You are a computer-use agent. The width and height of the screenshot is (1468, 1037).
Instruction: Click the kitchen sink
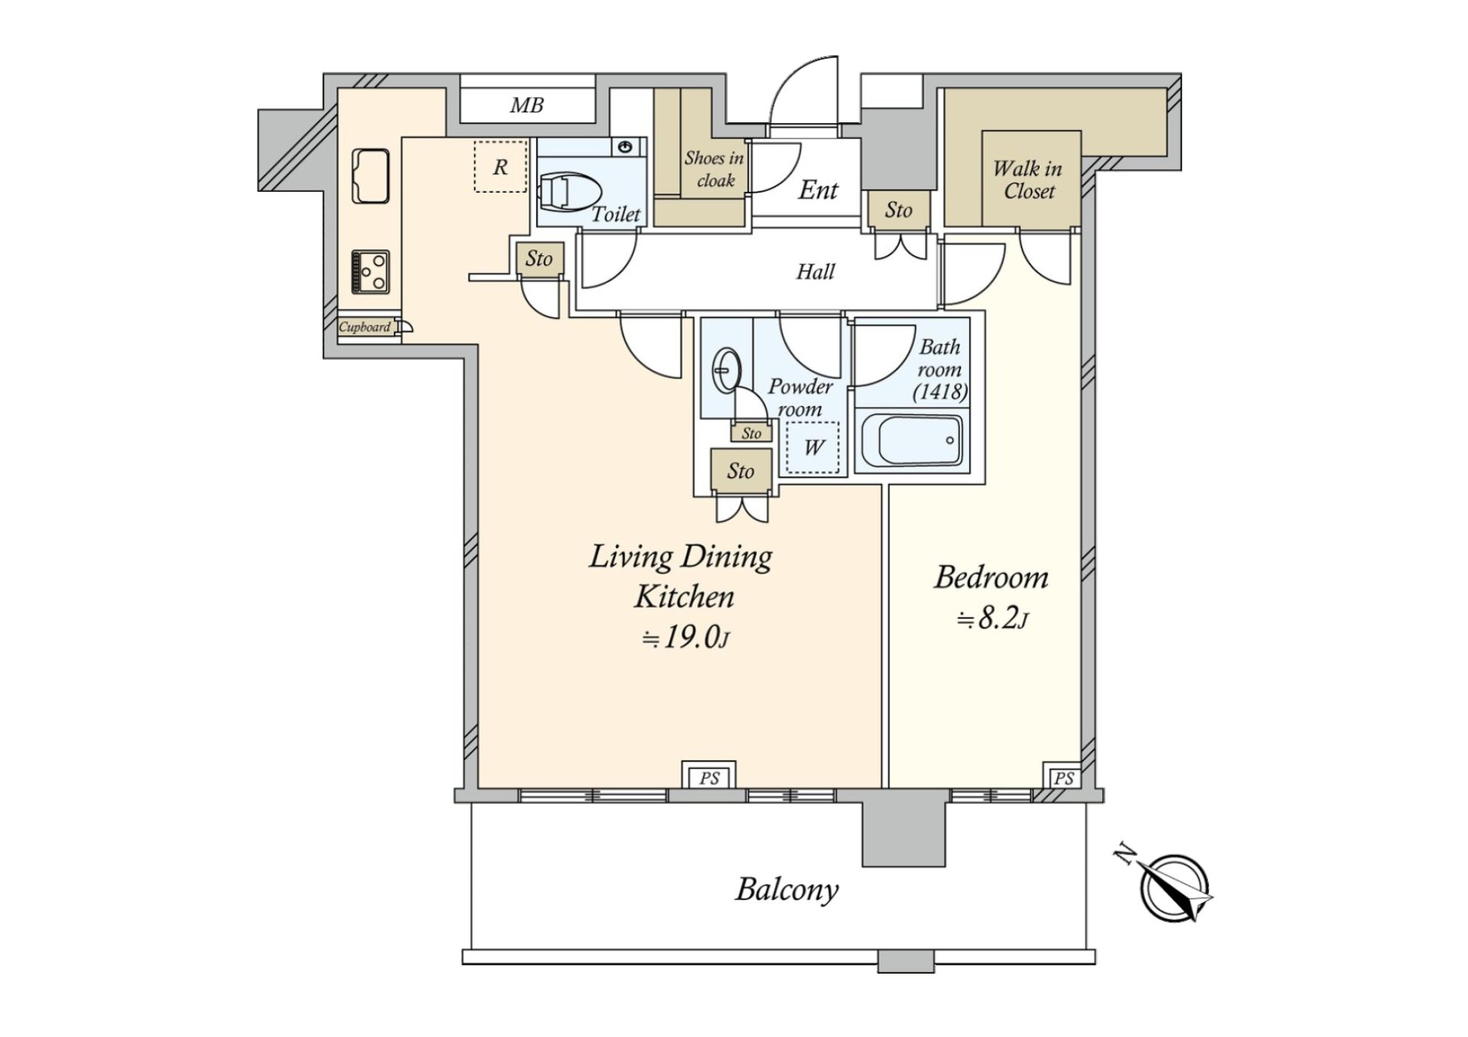[x=371, y=176]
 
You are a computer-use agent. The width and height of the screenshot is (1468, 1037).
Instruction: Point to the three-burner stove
[x=371, y=271]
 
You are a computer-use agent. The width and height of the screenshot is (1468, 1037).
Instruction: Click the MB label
[x=527, y=105]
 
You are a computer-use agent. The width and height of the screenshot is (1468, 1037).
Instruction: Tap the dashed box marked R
[x=501, y=167]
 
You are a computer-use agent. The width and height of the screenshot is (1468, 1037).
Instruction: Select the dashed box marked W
[x=813, y=448]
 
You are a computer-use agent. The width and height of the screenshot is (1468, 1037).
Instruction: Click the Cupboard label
[x=365, y=327]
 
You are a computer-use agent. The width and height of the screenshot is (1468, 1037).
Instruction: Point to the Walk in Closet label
[x=1028, y=180]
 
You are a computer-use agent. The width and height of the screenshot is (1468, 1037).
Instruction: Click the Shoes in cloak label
[x=714, y=169]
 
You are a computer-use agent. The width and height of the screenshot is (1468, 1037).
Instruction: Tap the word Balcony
[x=787, y=890]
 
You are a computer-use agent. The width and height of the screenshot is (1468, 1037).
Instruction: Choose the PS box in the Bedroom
[x=1063, y=779]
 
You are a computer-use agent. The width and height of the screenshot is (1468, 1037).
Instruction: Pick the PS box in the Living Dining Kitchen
[x=709, y=778]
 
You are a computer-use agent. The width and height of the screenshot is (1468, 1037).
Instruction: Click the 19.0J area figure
[x=685, y=637]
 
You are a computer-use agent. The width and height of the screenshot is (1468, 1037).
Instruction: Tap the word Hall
[x=815, y=271]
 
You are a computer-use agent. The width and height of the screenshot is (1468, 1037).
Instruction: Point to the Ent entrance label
[x=818, y=190]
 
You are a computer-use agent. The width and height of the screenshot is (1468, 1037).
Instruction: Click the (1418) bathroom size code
[x=940, y=392]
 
